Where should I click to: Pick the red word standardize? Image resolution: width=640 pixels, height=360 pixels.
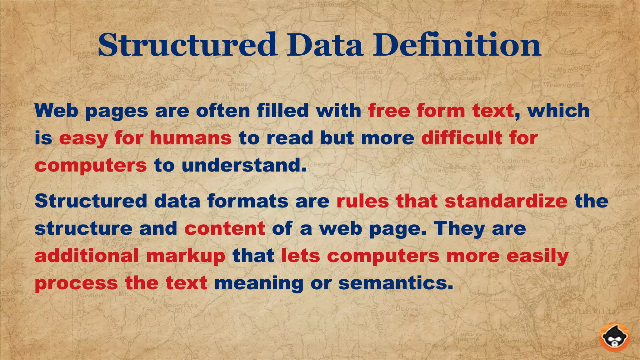coord(506,201)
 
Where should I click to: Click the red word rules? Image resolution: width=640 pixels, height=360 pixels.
coord(362,201)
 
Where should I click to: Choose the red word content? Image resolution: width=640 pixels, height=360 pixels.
coord(225,228)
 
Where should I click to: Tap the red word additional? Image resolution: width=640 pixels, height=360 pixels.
coord(87,256)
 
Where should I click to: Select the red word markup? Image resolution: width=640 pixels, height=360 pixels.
coord(186,256)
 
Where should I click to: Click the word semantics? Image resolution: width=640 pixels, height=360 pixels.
coord(396,283)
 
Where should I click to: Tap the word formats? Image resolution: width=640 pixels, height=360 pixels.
coord(247,201)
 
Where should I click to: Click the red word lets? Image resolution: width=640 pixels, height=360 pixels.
coord(301,256)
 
